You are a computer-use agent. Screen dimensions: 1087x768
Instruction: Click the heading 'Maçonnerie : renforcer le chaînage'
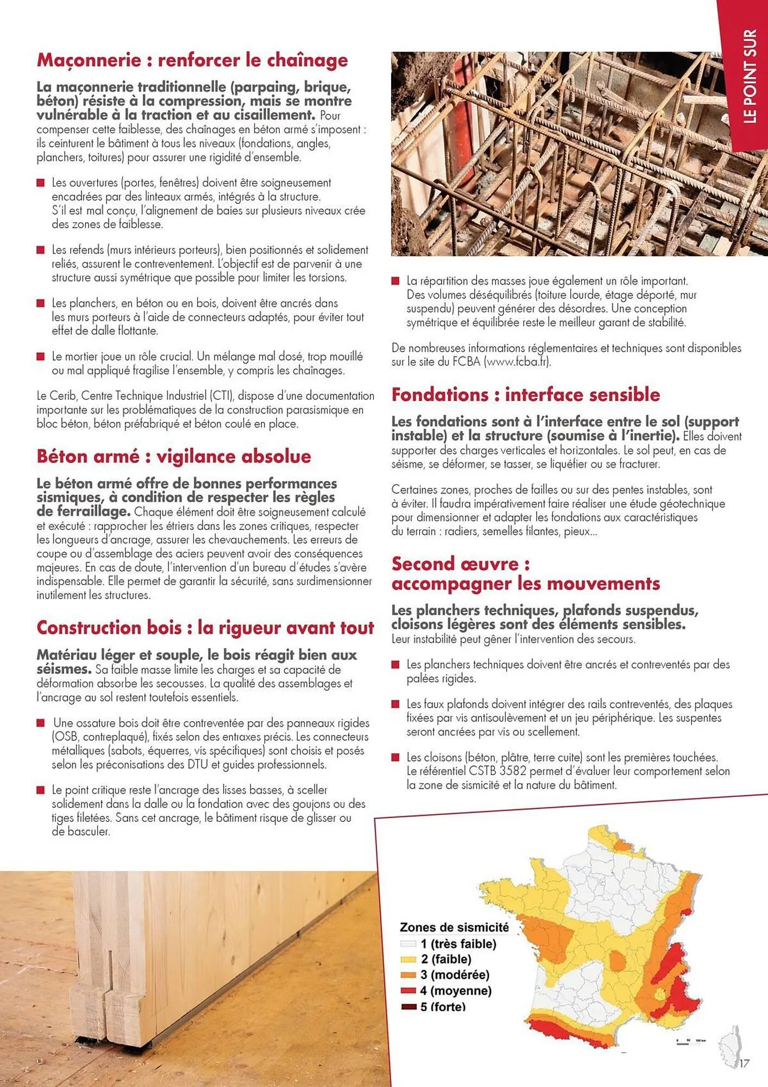pyautogui.click(x=192, y=60)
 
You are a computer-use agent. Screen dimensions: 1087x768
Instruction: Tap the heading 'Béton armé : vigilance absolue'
pyautogui.click(x=174, y=457)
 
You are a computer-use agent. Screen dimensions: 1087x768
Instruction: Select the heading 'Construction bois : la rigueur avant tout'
pyautogui.click(x=205, y=628)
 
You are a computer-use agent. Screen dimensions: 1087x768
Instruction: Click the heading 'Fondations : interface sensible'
pyautogui.click(x=526, y=395)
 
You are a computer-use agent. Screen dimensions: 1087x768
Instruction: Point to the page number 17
pyautogui.click(x=744, y=1063)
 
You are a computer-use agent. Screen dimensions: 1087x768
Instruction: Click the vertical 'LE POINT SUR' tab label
pyautogui.click(x=750, y=76)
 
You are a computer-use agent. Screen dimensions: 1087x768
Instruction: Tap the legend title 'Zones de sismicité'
pyautogui.click(x=454, y=927)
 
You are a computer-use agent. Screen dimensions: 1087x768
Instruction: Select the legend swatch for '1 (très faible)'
pyautogui.click(x=408, y=944)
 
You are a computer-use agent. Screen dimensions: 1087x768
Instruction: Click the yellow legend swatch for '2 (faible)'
pyautogui.click(x=408, y=959)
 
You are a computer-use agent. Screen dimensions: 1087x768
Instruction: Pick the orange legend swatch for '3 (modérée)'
pyautogui.click(x=408, y=975)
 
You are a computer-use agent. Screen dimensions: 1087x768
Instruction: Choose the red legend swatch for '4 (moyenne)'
pyautogui.click(x=408, y=991)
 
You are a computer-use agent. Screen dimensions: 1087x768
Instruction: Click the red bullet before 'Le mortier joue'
pyautogui.click(x=40, y=357)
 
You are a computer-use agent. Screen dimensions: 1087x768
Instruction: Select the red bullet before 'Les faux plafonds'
pyautogui.click(x=395, y=704)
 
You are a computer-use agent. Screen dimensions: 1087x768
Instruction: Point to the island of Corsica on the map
pyautogui.click(x=730, y=1044)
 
